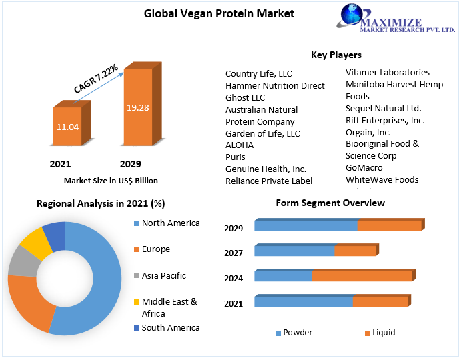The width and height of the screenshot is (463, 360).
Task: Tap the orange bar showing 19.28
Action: [x=137, y=107]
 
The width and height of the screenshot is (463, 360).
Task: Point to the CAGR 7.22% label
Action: [x=96, y=79]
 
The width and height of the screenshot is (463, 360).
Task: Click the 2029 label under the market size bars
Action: [x=131, y=164]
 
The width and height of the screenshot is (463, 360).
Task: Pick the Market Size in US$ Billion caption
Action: [x=111, y=180]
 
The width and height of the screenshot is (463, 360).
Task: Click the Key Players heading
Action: [x=336, y=55]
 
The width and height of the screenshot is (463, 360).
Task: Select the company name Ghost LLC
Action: [x=246, y=97]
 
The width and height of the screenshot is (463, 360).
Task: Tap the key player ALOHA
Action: [x=240, y=145]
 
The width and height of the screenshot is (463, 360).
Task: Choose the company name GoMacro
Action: [x=364, y=167]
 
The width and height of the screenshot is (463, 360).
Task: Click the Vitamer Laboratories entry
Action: [x=388, y=72]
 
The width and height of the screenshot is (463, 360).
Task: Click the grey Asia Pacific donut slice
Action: [x=21, y=264]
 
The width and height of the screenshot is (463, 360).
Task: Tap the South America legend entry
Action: [x=171, y=327]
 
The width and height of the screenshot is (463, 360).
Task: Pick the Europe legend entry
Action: [x=155, y=249]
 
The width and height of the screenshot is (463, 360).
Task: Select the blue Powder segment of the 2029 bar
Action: [x=306, y=225]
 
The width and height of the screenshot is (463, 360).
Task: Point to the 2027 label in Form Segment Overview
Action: [x=234, y=253]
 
